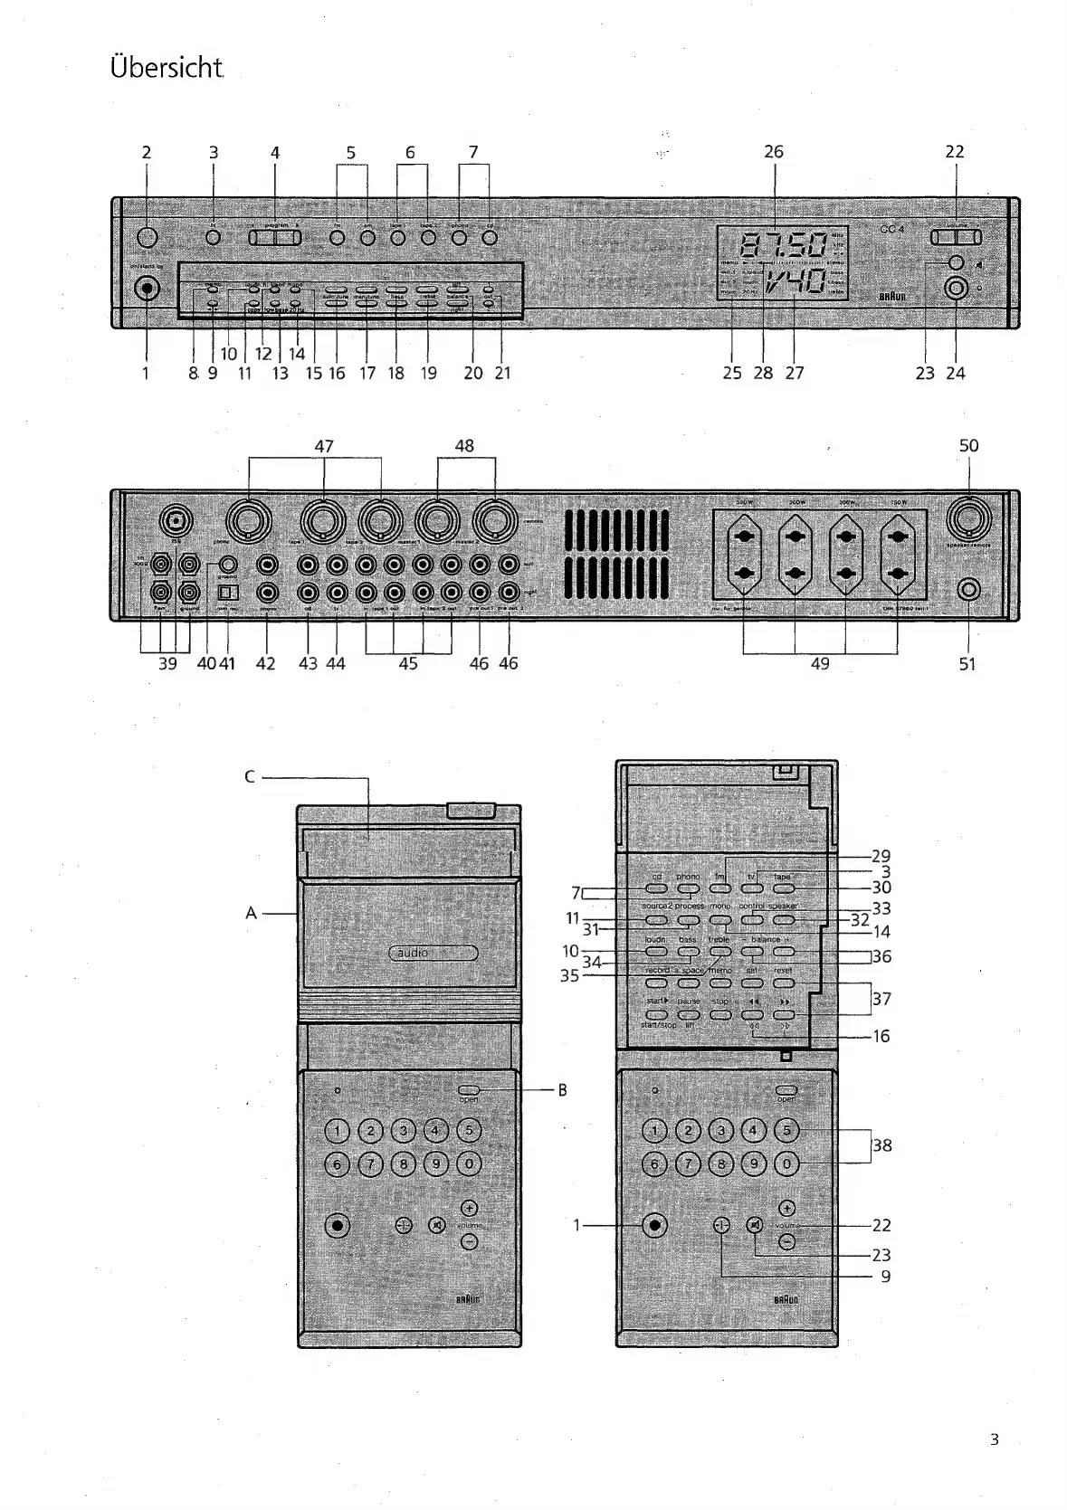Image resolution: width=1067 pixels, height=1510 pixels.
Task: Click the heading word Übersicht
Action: (x=167, y=68)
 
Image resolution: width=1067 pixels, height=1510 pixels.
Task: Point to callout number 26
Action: (x=773, y=152)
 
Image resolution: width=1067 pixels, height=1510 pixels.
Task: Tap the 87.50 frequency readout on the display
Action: (x=784, y=244)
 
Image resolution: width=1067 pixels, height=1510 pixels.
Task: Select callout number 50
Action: (x=968, y=445)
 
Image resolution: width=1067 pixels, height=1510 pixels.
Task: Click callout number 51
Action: (x=967, y=663)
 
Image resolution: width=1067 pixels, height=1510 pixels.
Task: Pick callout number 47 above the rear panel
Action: (x=324, y=445)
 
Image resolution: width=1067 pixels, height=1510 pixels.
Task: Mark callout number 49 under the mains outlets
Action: (x=819, y=663)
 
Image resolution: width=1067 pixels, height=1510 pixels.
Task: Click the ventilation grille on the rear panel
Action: (x=616, y=555)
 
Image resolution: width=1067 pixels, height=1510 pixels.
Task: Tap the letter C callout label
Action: (x=250, y=776)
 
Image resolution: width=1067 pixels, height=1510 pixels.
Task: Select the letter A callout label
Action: (x=252, y=914)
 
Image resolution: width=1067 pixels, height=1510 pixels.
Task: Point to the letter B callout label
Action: (x=562, y=1090)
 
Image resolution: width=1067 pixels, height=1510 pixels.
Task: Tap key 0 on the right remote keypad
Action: (x=786, y=1163)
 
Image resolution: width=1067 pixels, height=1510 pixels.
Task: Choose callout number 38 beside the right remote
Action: (x=881, y=1145)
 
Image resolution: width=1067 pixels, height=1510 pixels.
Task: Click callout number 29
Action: (x=881, y=856)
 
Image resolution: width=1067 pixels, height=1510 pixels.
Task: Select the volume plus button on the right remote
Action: (x=786, y=1207)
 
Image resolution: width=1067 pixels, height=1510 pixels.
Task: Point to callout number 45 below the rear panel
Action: (x=408, y=663)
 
